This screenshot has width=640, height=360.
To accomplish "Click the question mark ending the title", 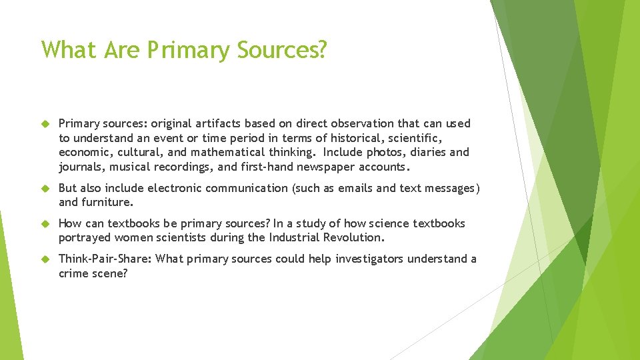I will point(321,50).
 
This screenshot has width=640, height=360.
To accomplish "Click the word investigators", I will point(347,259).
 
